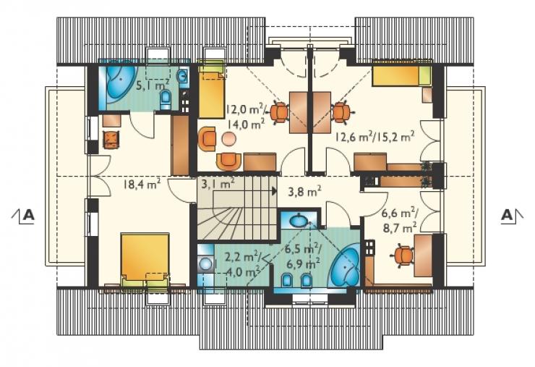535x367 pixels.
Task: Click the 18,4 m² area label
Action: [142, 185]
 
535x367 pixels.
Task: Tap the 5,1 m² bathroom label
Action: [153, 85]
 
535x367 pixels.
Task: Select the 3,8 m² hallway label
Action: [304, 191]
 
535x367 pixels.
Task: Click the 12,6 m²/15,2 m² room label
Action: [374, 138]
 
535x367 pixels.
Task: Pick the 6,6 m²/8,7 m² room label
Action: [400, 220]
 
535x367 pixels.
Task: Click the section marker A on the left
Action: [23, 216]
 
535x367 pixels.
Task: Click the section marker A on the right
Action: [512, 216]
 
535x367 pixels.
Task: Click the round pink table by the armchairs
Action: [228, 138]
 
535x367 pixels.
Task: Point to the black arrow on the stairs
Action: [274, 190]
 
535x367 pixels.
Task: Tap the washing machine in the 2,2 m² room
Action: [206, 263]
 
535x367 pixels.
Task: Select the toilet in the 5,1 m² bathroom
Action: [166, 98]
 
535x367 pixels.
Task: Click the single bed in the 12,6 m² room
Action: [401, 75]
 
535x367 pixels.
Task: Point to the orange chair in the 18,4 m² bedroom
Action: [111, 140]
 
